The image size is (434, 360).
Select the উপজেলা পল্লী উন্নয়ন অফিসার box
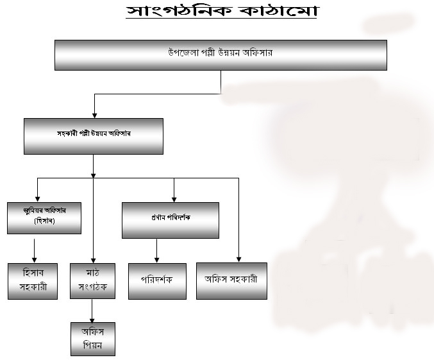(220, 54)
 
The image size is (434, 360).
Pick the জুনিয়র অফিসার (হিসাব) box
(44, 218)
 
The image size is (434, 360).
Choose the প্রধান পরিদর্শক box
(171, 220)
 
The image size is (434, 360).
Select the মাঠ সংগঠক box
(93, 281)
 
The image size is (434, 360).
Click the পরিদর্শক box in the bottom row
(157, 281)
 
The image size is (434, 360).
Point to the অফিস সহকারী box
(231, 281)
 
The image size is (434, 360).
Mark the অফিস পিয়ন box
(93, 338)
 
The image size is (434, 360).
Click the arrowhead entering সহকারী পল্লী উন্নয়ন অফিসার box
(95, 114)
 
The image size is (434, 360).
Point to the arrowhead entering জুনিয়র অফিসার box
(38, 198)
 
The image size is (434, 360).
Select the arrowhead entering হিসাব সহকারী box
(33, 259)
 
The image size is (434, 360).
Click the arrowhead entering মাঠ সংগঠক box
(93, 259)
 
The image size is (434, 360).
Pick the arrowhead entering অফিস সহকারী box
(239, 259)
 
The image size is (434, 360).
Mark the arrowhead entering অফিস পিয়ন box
(93, 318)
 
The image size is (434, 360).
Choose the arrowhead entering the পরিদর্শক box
(157, 259)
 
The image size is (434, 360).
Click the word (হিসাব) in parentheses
(44, 222)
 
